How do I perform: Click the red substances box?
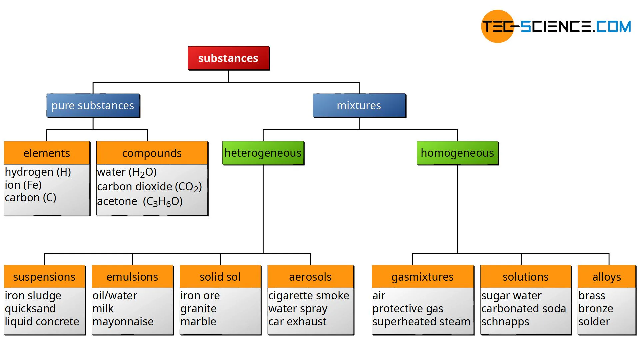point(228,58)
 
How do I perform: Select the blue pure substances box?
point(93,106)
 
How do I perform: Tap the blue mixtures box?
point(359,106)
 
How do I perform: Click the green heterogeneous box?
point(263,153)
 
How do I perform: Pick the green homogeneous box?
point(457,153)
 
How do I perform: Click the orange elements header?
point(47,153)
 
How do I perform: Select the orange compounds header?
point(152,153)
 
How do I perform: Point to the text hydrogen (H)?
point(38,172)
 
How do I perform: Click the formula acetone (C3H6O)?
point(140,201)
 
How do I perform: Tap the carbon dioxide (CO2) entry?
point(149,187)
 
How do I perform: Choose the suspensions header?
point(44,277)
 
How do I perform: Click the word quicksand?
point(30,309)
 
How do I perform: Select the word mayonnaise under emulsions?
point(123,322)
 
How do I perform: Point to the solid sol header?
point(220,277)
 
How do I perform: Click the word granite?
point(198,309)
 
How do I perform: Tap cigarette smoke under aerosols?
point(309,296)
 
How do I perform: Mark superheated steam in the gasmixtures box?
point(421,322)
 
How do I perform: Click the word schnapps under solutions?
point(505,322)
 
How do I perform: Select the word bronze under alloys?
point(596,309)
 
